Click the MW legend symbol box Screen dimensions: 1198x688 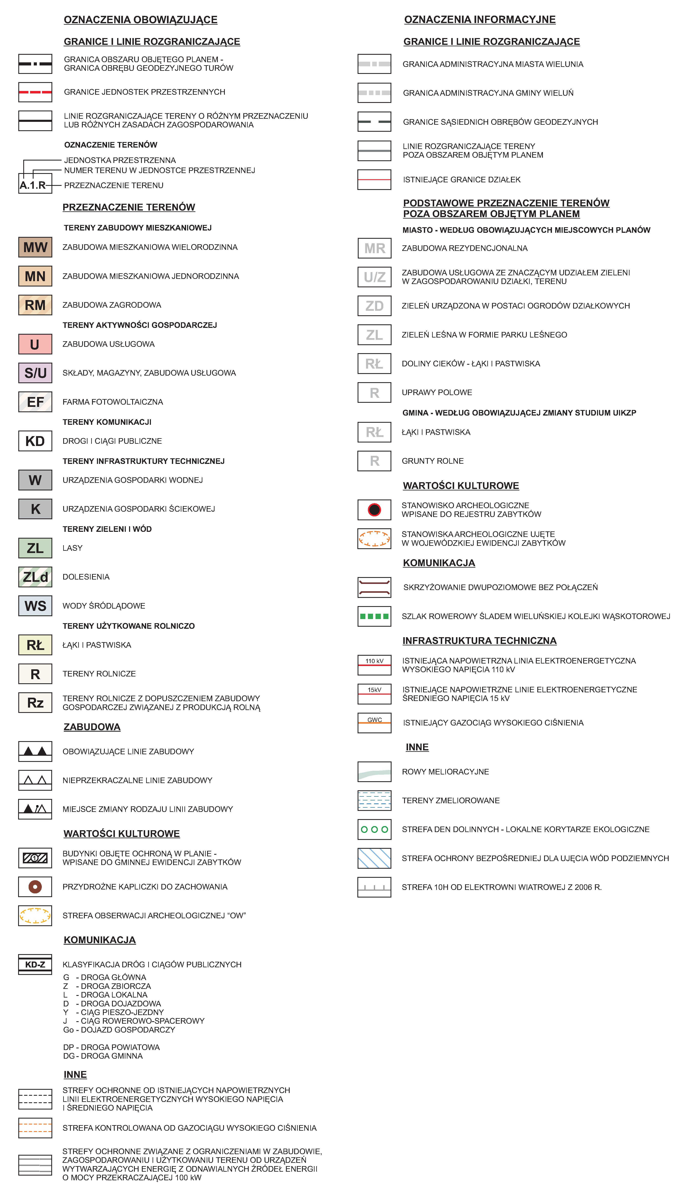(x=35, y=247)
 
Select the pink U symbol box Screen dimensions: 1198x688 (x=35, y=344)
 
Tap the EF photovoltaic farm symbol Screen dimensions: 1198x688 (x=35, y=402)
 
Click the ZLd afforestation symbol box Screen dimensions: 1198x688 (x=35, y=577)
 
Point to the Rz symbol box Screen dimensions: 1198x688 (x=35, y=702)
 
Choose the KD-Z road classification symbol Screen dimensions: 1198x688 (x=35, y=964)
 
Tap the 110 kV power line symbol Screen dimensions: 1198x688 (x=374, y=665)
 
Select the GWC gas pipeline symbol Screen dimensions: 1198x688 (x=374, y=722)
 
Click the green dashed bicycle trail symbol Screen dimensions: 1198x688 (x=374, y=616)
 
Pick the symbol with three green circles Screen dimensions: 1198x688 (x=374, y=829)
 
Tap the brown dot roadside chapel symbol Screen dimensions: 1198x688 (x=35, y=887)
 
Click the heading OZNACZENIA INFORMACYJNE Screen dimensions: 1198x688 (x=480, y=19)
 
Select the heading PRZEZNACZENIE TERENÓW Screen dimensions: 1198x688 (x=128, y=207)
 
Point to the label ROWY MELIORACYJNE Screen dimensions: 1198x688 (x=445, y=771)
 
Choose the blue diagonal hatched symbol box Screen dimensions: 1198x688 (x=374, y=858)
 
